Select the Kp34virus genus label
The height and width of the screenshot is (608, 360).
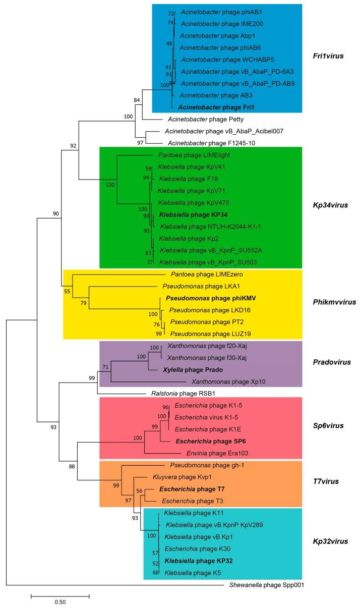(x=330, y=206)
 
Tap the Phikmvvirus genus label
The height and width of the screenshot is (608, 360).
(x=332, y=302)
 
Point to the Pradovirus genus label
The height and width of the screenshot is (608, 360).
(x=330, y=362)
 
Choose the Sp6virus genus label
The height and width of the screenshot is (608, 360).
(x=329, y=425)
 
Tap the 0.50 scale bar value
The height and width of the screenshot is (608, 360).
(x=60, y=601)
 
